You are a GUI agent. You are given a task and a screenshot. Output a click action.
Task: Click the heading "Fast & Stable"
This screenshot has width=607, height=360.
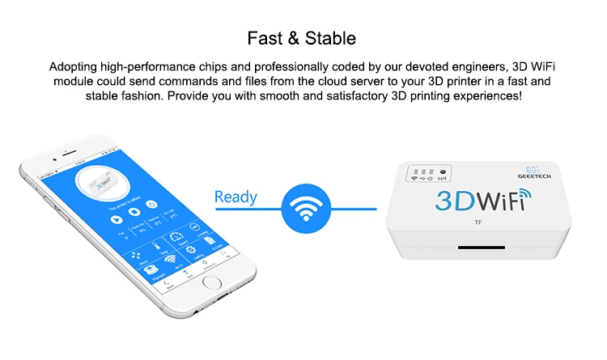point(303,38)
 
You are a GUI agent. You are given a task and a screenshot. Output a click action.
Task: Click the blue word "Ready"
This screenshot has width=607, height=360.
point(236,197)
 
